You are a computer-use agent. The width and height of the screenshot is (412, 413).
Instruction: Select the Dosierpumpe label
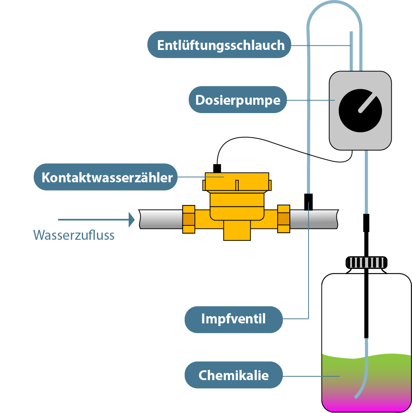click(238, 100)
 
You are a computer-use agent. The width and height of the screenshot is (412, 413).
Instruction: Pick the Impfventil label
click(233, 319)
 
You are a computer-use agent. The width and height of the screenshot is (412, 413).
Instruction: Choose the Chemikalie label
click(233, 375)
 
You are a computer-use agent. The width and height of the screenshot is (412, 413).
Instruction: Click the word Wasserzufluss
click(74, 235)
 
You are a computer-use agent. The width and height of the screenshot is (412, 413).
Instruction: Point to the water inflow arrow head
click(131, 219)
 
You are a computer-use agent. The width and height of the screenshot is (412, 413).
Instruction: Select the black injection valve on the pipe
click(308, 202)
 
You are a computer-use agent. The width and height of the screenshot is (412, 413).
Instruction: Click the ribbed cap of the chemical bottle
click(366, 262)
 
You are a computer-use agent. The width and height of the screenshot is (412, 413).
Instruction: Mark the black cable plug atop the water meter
click(217, 168)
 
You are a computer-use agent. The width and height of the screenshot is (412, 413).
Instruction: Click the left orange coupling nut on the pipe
click(188, 219)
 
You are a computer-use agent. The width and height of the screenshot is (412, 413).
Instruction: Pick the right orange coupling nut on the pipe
click(284, 219)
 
